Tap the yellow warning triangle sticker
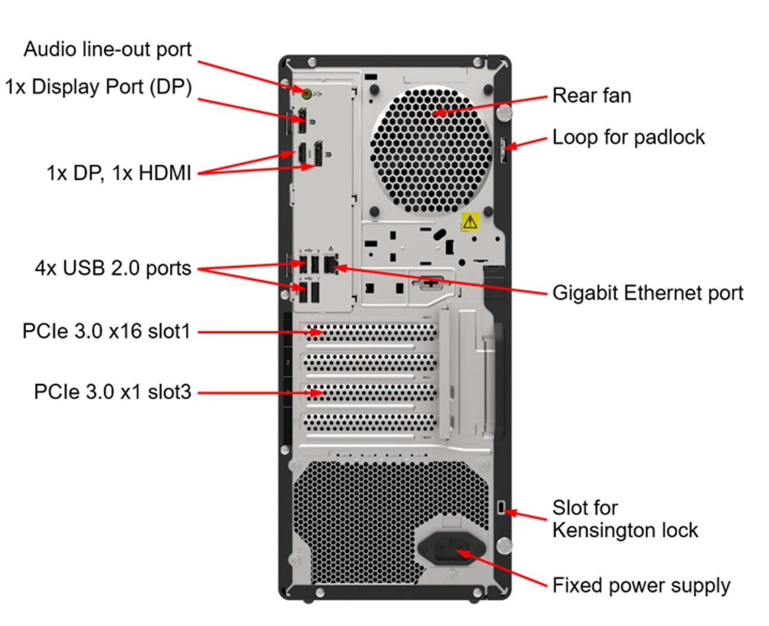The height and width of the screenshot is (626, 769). click(470, 222)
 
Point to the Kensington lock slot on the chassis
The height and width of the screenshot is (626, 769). click(501, 507)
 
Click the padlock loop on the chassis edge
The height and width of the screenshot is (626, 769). click(504, 150)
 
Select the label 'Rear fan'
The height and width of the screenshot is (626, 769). click(591, 95)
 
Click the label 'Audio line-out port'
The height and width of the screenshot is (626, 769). click(108, 49)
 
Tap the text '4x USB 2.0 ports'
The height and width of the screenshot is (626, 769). click(113, 268)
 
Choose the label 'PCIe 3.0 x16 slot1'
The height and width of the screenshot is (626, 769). click(106, 331)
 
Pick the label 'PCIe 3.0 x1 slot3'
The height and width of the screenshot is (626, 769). click(113, 392)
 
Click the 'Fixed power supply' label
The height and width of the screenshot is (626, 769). click(641, 585)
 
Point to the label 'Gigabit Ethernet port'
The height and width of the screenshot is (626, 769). click(647, 293)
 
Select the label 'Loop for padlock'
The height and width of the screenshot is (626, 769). click(628, 137)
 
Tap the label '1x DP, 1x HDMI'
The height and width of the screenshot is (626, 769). click(119, 173)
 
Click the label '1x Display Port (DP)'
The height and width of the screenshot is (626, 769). click(99, 87)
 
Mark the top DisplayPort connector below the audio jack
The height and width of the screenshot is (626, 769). click(302, 121)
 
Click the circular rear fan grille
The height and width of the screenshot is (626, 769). click(431, 150)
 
